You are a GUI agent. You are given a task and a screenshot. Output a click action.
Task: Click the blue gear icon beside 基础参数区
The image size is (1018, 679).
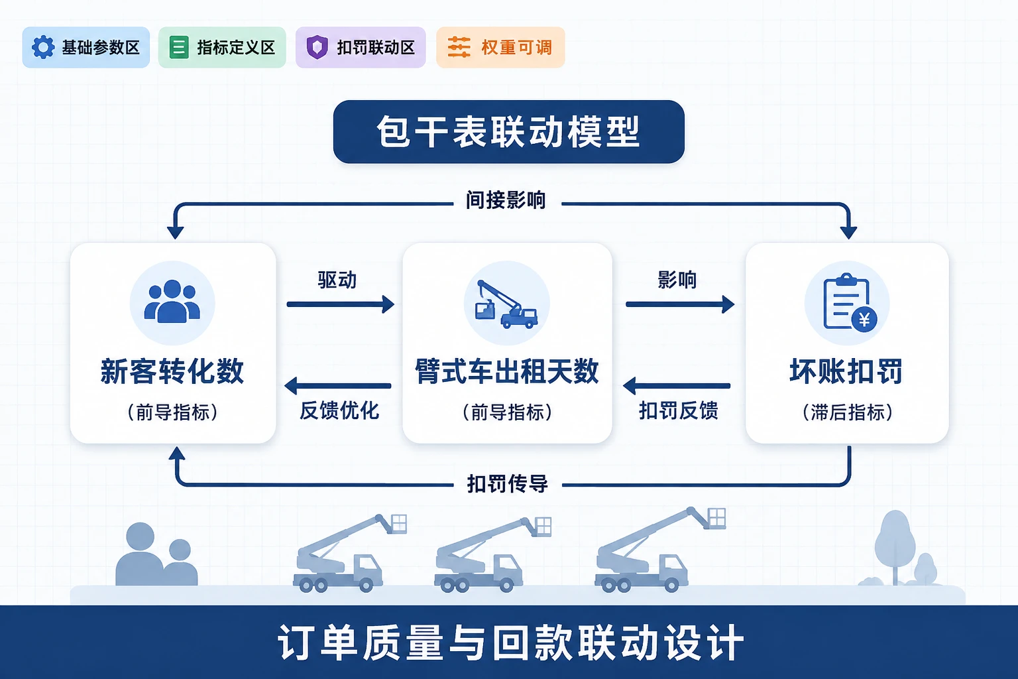[x=43, y=47]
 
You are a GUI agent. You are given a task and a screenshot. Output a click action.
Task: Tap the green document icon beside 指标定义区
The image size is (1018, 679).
[x=178, y=47]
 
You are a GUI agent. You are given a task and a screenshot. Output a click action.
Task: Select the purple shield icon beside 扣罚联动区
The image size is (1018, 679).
[x=317, y=47]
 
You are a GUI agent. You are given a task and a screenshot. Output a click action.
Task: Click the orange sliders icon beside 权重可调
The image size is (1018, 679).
[x=459, y=47]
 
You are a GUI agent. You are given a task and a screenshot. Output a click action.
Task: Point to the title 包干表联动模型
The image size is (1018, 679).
[x=508, y=132]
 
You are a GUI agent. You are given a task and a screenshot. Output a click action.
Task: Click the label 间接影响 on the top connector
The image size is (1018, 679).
[x=506, y=200]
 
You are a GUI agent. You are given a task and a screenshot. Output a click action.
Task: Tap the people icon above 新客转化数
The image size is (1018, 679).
[x=172, y=302]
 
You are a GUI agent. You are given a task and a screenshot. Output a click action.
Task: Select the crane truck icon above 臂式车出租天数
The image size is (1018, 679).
[x=506, y=304]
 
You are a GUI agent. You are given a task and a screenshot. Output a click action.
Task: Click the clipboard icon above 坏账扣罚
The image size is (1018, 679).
[x=848, y=302]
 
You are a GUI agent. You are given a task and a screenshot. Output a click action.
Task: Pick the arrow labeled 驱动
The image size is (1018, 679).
[x=341, y=304]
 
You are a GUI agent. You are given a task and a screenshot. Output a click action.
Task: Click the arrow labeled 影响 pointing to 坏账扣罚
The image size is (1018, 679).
[x=680, y=304]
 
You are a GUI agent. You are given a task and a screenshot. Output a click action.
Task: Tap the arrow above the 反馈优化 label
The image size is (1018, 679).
[x=337, y=386]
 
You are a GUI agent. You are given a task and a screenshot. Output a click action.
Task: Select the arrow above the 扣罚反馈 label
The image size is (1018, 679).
[x=677, y=386]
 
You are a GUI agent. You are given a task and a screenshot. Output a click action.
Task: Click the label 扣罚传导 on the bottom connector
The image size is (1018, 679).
[x=508, y=484]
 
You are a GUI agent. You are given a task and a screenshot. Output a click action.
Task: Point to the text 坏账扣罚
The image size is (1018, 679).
[x=846, y=371]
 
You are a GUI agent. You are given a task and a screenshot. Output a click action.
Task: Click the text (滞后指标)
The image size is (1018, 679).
[x=847, y=412]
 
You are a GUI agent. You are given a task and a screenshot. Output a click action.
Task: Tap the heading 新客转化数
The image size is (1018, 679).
[x=172, y=371]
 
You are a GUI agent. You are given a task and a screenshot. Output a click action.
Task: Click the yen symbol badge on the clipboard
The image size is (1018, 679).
[x=864, y=320]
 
